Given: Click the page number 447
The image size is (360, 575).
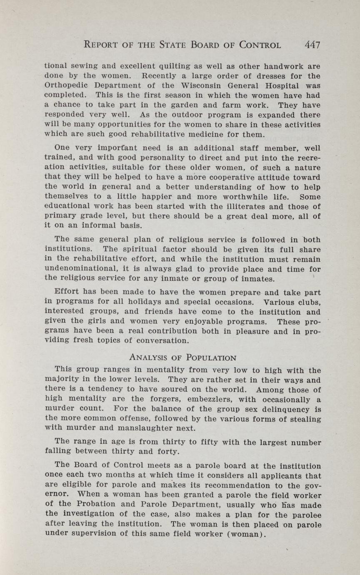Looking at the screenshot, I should click(x=312, y=45).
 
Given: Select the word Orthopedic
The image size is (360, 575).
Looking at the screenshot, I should click(x=63, y=86).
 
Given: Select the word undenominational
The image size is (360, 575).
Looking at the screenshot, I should click(x=79, y=269).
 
